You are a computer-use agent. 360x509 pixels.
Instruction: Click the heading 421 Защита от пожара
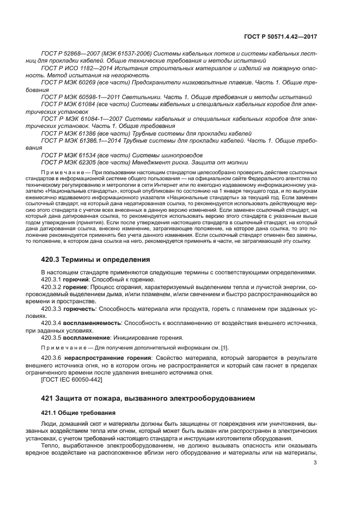(x=148, y=398)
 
